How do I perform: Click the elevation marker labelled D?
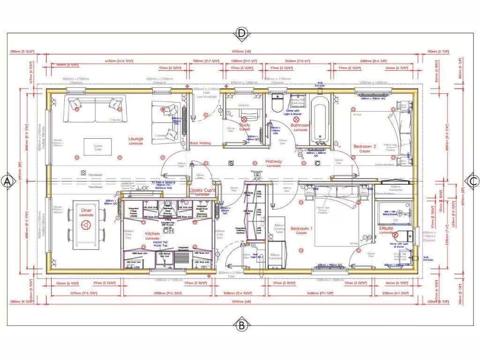pos(241,33)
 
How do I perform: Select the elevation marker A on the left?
pos(7,181)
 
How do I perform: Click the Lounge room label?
pos(136,139)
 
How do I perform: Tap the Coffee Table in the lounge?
pos(98,147)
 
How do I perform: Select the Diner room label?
pos(86,211)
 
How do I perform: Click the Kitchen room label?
pos(152,233)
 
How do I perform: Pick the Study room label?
pos(245,126)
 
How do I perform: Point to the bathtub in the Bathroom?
pos(321,117)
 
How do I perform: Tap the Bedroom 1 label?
pos(301,228)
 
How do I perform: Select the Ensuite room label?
pos(386,228)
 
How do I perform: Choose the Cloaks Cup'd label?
pos(202,191)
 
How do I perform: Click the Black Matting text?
pos(200,143)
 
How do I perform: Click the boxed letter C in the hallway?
pos(317,163)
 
